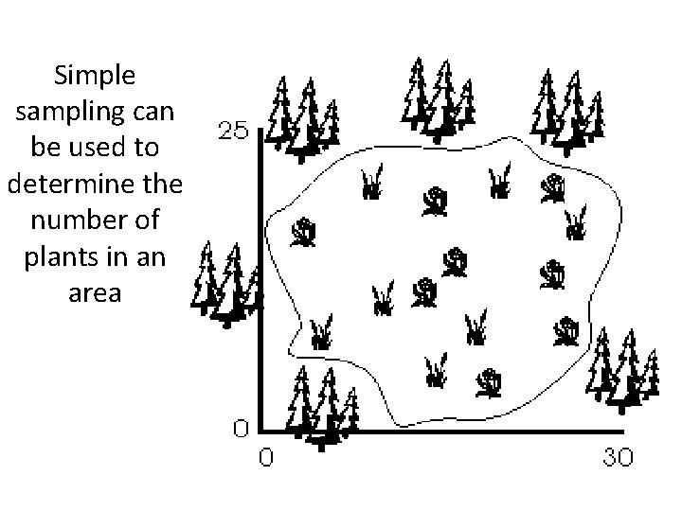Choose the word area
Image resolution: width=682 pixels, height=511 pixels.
[95, 292]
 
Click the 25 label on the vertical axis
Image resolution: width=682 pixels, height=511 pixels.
[234, 129]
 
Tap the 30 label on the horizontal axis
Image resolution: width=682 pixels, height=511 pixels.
[619, 458]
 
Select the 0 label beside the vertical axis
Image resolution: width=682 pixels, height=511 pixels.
[242, 429]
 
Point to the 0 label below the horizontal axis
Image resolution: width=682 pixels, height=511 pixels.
[266, 458]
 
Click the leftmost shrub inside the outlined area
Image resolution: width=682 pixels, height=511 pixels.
[304, 233]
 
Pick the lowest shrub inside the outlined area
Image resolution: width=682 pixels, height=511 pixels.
[490, 382]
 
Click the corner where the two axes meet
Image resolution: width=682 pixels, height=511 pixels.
[260, 432]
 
